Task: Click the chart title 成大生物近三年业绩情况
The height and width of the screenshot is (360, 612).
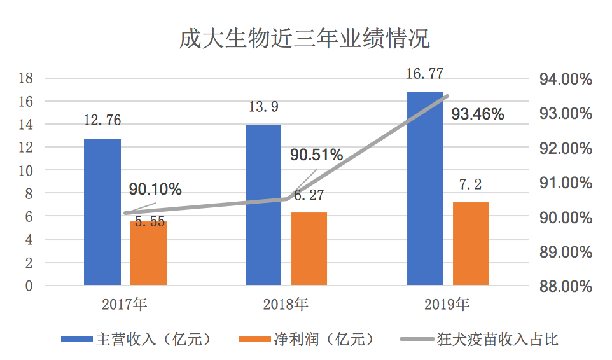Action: tap(305, 39)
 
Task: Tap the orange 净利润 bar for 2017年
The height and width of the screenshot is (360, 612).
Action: tap(148, 254)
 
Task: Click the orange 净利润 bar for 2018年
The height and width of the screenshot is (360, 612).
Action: tap(309, 249)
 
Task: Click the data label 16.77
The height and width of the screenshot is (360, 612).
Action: tap(425, 74)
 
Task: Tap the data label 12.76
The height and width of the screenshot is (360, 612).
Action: tap(102, 120)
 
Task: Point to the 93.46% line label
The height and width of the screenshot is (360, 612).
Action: tap(478, 114)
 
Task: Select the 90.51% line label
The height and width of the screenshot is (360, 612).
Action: tap(317, 155)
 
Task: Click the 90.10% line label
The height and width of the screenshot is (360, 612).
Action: tap(155, 189)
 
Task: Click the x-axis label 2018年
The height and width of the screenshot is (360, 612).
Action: tap(286, 304)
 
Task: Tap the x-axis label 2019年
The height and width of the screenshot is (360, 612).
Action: tap(447, 304)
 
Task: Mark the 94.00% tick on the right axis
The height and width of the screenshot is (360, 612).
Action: tap(566, 80)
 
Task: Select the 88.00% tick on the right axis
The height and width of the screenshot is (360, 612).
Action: tap(566, 286)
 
